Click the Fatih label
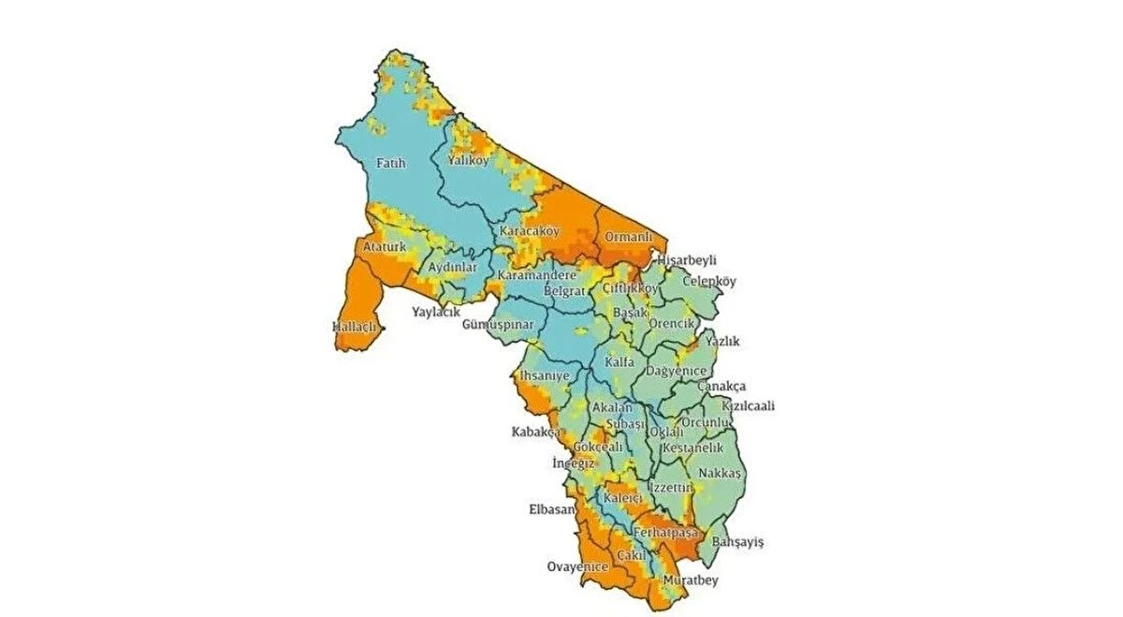pyautogui.click(x=390, y=164)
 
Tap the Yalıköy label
pyautogui.click(x=469, y=161)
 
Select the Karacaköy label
pyautogui.click(x=529, y=231)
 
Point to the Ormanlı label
pyautogui.click(x=627, y=237)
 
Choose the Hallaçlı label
pyautogui.click(x=354, y=327)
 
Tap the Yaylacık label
pyautogui.click(x=436, y=312)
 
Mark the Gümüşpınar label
pyautogui.click(x=498, y=324)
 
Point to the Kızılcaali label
pyautogui.click(x=748, y=406)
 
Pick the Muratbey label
pyautogui.click(x=693, y=581)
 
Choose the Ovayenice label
pyautogui.click(x=577, y=566)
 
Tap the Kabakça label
pyautogui.click(x=535, y=433)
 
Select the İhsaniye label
pyautogui.click(x=545, y=376)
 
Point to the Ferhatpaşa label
pyautogui.click(x=666, y=533)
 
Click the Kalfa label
pyautogui.click(x=620, y=361)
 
